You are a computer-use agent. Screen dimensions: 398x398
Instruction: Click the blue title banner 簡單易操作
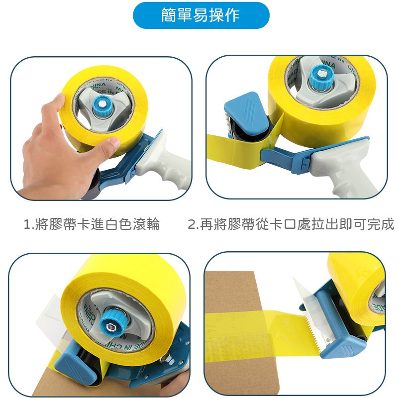200,15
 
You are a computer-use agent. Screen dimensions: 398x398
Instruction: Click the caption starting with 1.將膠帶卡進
92,224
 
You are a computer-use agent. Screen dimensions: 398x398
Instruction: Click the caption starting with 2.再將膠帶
291,224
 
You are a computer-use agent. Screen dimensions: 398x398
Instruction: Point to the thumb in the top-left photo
107,145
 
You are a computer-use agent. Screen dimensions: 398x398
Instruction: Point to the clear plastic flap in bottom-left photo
59,318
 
